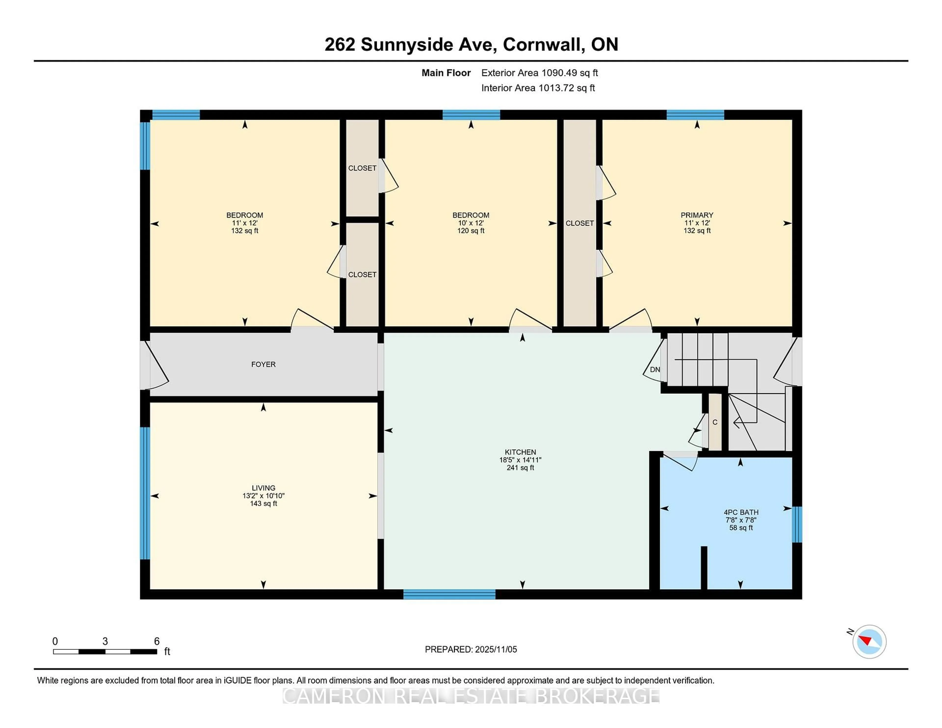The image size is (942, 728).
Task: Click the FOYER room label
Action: coord(263,364)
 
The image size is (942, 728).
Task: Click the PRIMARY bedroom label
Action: coord(697,215)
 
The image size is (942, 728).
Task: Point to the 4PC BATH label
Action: coord(741,512)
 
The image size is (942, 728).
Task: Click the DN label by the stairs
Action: coord(655,370)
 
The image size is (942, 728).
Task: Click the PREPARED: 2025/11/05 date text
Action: coord(471,650)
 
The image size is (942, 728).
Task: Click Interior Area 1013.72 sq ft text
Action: coord(538,88)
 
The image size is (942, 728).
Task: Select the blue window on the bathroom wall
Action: coord(797,524)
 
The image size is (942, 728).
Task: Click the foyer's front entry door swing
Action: coord(156,366)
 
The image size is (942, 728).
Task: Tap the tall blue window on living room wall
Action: coord(145,493)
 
